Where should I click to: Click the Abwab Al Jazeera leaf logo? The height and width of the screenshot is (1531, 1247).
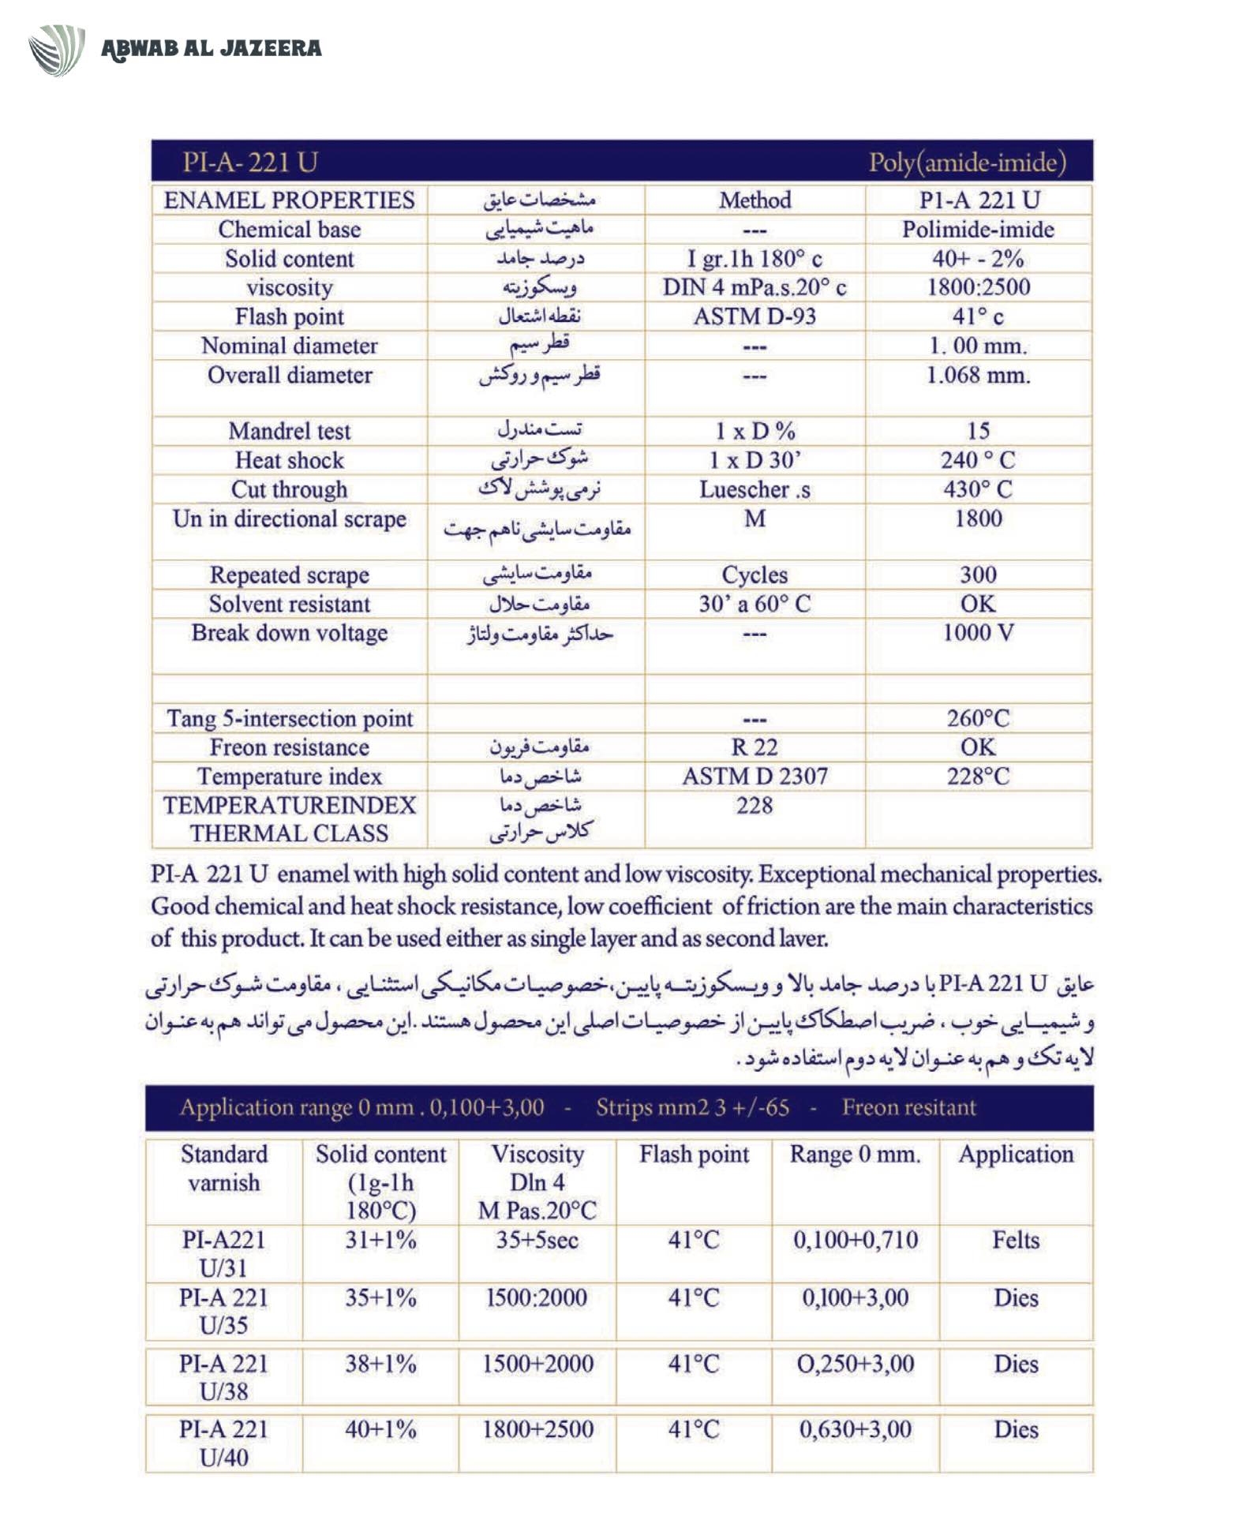tap(57, 50)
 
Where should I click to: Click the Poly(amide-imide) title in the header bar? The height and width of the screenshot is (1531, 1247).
tap(967, 163)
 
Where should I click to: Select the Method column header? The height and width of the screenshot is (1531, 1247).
tap(755, 200)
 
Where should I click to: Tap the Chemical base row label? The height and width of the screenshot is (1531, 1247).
tap(290, 230)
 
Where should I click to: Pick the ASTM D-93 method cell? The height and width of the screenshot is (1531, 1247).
tap(755, 316)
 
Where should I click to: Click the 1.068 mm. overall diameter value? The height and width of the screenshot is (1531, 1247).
tap(978, 375)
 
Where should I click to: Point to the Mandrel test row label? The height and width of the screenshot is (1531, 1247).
tap(290, 431)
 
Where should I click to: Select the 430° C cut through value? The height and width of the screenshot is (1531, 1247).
tap(978, 489)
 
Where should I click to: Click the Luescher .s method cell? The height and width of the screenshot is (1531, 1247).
tap(755, 489)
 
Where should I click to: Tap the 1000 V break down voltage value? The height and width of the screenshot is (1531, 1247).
tap(978, 633)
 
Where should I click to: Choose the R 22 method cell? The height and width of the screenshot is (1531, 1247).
tap(755, 747)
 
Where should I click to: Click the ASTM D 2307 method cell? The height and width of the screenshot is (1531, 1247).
tap(755, 776)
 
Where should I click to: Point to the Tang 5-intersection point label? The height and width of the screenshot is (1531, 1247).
tap(290, 718)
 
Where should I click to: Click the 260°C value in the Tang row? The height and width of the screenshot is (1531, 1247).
tap(978, 718)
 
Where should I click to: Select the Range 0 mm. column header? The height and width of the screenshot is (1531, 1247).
tap(856, 1155)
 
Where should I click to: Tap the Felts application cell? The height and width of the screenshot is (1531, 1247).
tap(1016, 1240)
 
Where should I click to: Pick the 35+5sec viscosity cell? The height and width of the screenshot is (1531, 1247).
tap(537, 1240)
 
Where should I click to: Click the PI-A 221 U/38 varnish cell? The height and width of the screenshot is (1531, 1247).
tap(223, 1377)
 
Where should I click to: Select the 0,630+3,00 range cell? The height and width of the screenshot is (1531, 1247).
tap(856, 1429)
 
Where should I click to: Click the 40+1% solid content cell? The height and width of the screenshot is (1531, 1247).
tap(380, 1429)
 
